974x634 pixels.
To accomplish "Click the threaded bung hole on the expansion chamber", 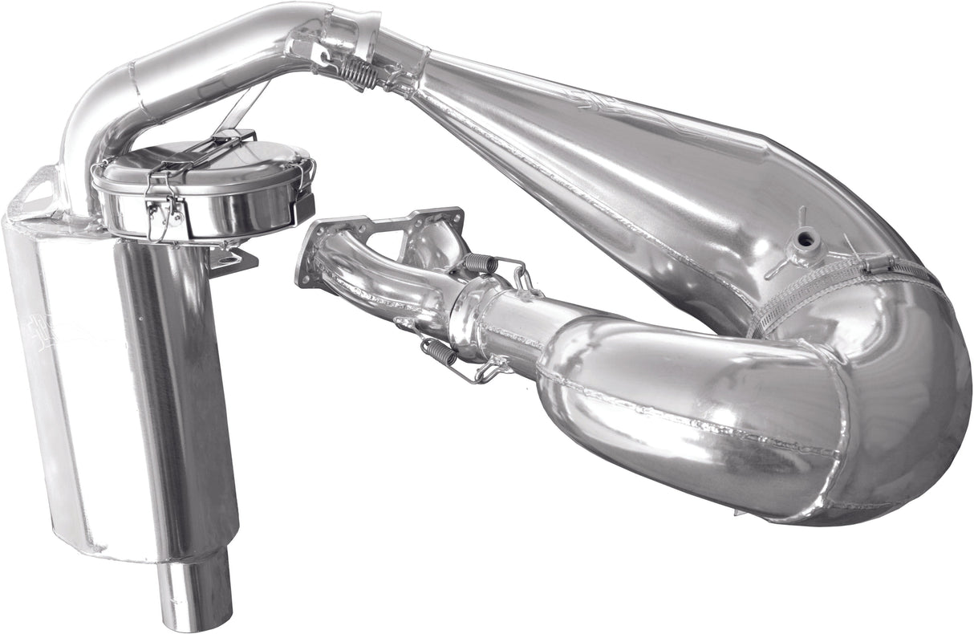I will [802, 238].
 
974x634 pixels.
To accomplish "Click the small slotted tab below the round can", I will [233, 258].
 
